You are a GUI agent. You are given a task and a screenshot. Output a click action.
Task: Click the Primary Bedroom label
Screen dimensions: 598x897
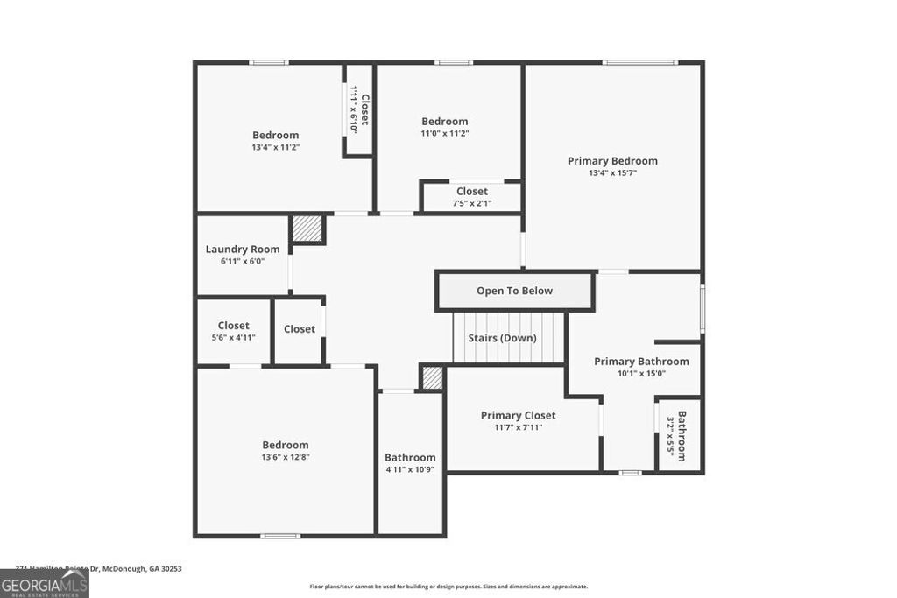click(612, 161)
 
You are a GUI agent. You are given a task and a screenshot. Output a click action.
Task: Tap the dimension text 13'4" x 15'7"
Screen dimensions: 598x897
click(612, 173)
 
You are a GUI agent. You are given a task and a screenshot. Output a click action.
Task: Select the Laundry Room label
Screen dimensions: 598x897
click(243, 250)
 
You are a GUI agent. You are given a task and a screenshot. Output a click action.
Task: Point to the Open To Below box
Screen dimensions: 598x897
click(514, 292)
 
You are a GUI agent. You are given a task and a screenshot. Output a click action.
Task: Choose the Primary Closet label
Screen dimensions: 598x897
click(518, 416)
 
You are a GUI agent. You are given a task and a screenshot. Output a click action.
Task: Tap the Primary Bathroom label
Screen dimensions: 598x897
click(641, 362)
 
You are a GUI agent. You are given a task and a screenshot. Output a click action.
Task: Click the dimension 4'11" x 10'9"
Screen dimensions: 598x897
click(410, 469)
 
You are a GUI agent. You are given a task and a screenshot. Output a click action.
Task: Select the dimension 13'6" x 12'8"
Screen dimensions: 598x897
click(285, 457)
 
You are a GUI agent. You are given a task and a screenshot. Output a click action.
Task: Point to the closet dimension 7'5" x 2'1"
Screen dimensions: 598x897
click(471, 203)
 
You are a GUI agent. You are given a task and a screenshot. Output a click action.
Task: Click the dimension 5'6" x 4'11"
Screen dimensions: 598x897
click(234, 337)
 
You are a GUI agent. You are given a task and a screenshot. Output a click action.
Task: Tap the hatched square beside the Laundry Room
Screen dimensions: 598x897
click(307, 229)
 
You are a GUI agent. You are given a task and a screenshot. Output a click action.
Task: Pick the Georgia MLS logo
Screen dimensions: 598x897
click(44, 584)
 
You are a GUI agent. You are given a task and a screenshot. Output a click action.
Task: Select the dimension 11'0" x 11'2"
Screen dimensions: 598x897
click(445, 134)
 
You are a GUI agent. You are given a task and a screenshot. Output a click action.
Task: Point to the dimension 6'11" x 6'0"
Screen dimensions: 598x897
click(243, 261)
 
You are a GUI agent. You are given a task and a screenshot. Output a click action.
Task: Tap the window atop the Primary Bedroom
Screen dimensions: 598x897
click(639, 62)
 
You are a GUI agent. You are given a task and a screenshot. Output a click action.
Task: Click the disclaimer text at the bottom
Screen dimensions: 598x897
click(448, 587)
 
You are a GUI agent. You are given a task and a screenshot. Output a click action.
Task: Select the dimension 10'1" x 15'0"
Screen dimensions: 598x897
click(641, 373)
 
